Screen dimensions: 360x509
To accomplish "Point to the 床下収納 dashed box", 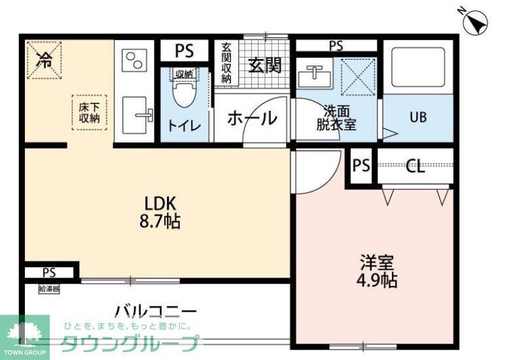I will coord(89,113).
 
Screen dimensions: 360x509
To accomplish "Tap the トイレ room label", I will coord(185,125).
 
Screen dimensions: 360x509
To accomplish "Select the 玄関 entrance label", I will coord(264,65).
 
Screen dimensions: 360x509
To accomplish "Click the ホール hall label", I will coord(252,118).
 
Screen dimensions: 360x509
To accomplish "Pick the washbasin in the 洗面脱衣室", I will coord(313,76).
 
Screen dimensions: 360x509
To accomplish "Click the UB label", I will coord(417,118).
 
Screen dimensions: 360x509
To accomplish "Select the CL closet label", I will coord(415,166).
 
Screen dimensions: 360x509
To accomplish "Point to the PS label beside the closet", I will coord(361,166).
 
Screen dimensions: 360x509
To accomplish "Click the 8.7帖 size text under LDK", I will coord(159,221).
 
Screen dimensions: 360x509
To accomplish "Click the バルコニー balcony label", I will coord(155,310).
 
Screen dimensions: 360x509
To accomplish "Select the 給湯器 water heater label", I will coord(48,289).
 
